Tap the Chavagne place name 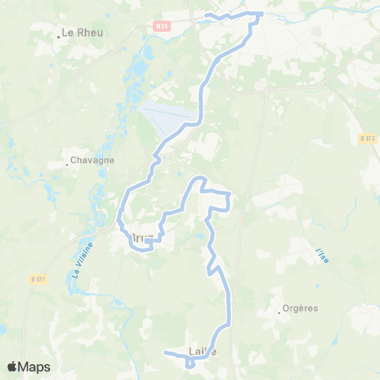(93, 160)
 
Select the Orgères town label (302, 308)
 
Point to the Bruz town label (141, 237)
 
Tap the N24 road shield (161, 26)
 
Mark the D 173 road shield (367, 138)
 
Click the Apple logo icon (12, 367)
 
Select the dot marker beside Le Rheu (59, 37)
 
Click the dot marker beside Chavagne (67, 165)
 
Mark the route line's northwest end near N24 (206, 15)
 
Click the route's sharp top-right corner (263, 13)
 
